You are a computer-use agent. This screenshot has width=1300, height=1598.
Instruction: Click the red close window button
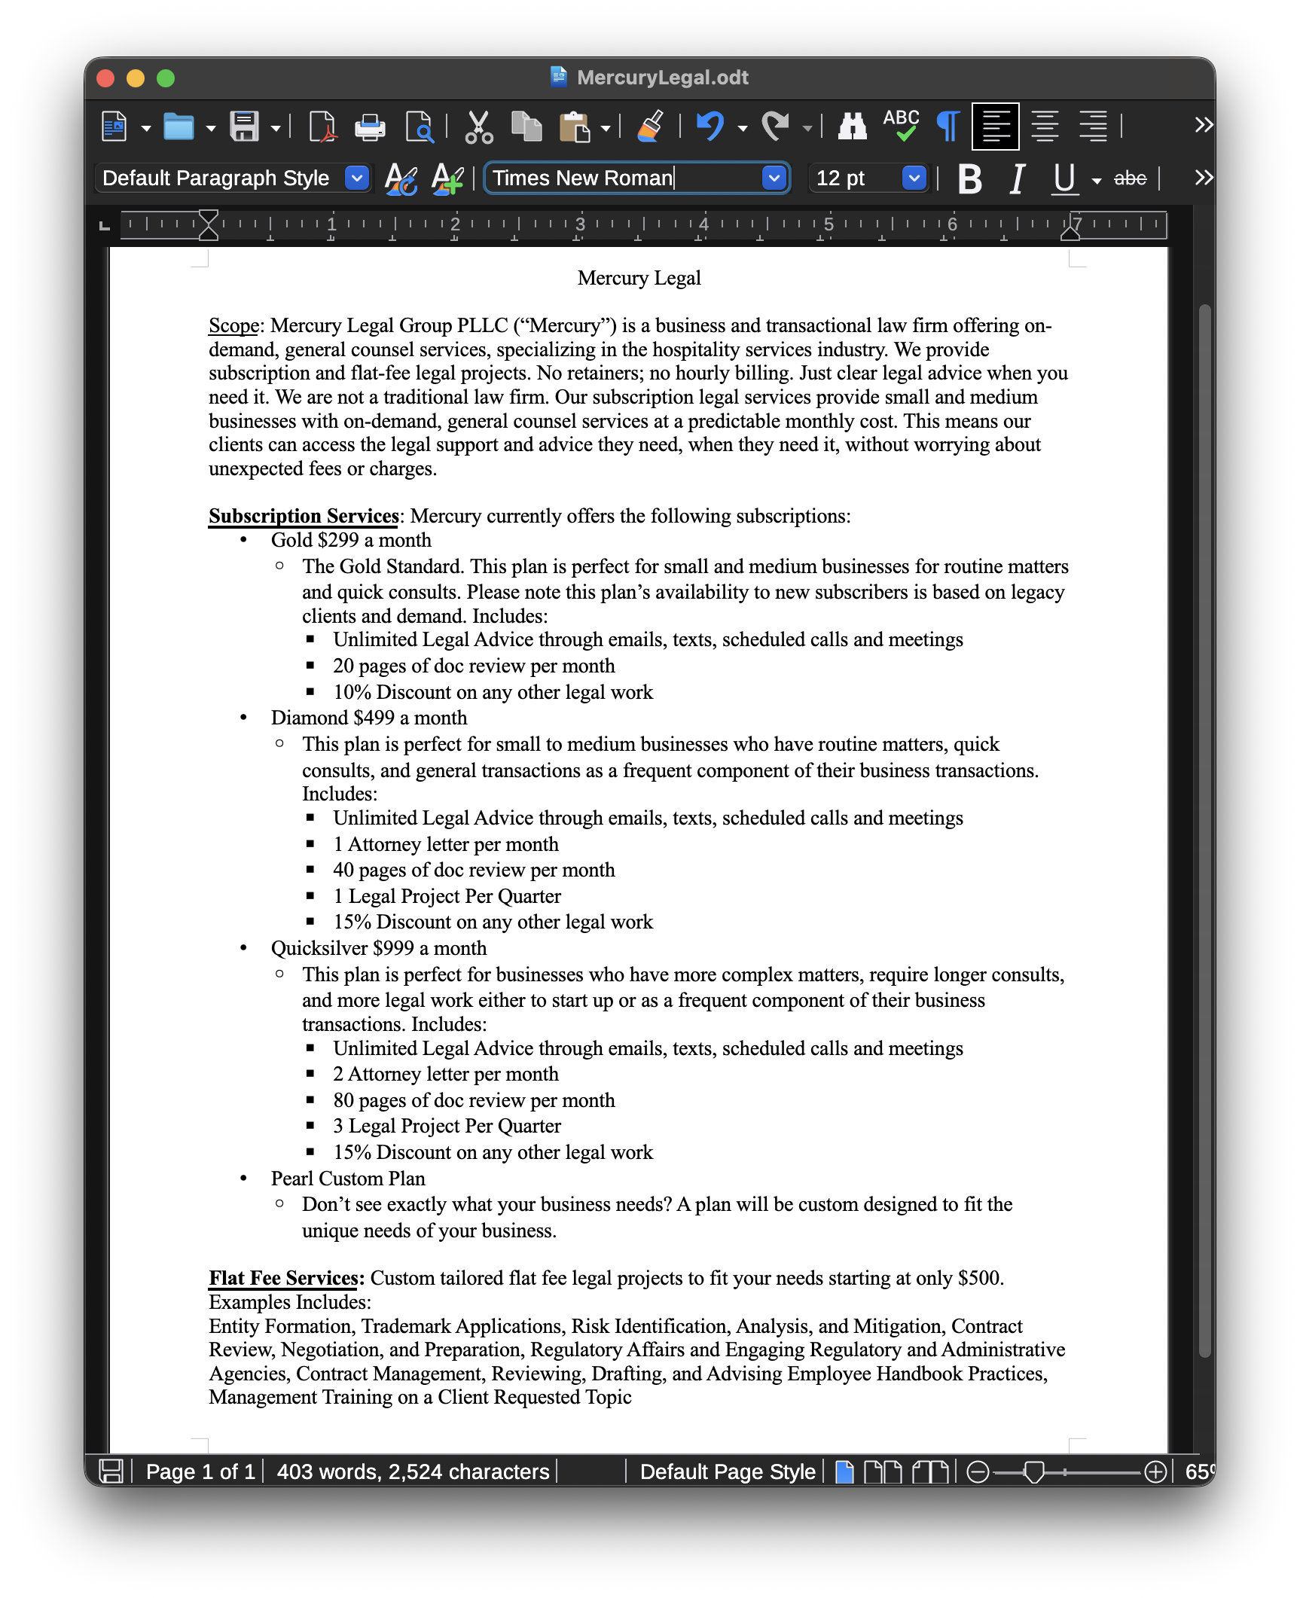(106, 78)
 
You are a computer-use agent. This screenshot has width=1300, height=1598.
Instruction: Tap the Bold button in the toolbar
(970, 179)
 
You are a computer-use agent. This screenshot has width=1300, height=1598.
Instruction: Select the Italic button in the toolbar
(1017, 179)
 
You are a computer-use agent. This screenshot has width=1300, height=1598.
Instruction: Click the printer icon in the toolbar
(370, 127)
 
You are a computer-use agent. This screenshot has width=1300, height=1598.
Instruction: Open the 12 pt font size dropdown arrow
(914, 178)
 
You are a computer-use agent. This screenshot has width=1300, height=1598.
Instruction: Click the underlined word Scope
(233, 326)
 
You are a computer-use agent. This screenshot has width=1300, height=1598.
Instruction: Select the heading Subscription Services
(304, 517)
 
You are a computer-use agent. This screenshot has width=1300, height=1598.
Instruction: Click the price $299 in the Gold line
(338, 541)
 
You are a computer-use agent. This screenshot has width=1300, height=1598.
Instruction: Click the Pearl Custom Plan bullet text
(348, 1179)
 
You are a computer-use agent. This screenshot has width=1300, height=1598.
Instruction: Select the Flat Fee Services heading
(283, 1279)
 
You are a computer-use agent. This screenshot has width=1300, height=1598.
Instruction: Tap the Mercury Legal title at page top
(639, 279)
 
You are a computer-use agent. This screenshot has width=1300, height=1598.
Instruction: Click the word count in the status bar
(413, 1471)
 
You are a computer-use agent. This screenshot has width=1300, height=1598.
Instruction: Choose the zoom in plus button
(1155, 1471)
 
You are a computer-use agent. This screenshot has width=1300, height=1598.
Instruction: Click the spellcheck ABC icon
(901, 125)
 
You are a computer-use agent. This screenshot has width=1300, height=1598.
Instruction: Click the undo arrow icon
(710, 126)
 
